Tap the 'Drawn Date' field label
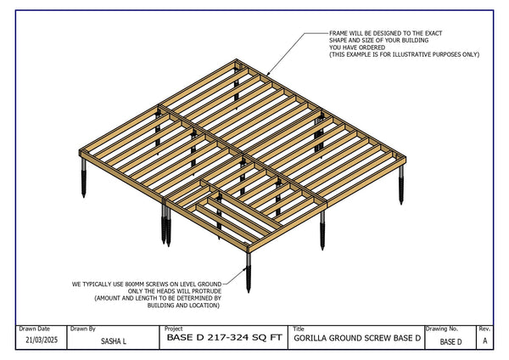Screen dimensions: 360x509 35,329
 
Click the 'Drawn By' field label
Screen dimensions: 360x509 83,329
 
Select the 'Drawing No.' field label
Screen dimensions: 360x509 442,329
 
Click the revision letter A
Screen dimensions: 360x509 484,341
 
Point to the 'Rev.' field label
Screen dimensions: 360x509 484,329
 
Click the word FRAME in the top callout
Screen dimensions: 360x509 339,34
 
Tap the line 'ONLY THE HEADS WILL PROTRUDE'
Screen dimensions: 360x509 171,292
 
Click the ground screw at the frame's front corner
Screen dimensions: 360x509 249,272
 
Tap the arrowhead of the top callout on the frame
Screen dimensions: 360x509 268,74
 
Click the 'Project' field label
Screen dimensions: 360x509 174,329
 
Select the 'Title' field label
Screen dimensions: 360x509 298,329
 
